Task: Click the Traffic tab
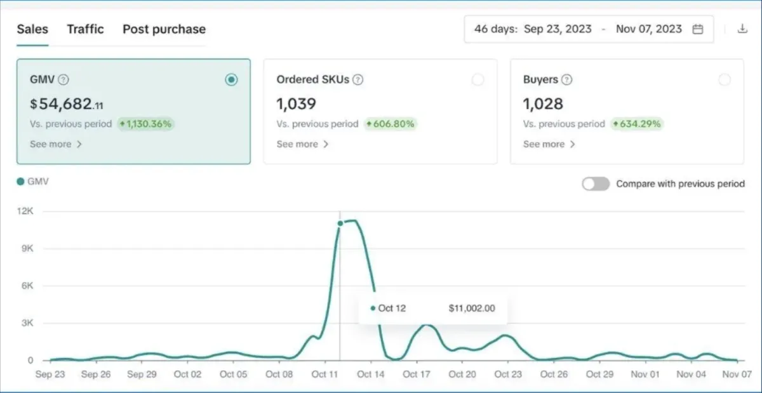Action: tap(85, 29)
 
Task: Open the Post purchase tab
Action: tap(164, 29)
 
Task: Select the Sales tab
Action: tap(32, 29)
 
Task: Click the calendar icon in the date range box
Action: tap(698, 29)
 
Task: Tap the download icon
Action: tap(742, 29)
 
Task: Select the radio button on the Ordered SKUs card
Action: tap(478, 79)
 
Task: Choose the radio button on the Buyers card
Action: tap(724, 79)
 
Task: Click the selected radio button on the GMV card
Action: tap(231, 79)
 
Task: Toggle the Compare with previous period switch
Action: tap(596, 183)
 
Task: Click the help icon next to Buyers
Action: tap(566, 80)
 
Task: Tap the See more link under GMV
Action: tap(56, 144)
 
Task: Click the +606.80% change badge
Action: tap(390, 124)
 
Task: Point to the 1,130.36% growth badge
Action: tap(145, 124)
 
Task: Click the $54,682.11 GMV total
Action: tap(66, 103)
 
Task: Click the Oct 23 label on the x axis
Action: tap(507, 375)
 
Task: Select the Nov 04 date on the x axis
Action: tap(692, 375)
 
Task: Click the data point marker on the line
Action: tap(340, 223)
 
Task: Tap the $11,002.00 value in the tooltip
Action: tap(471, 309)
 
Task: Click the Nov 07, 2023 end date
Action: tap(649, 29)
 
